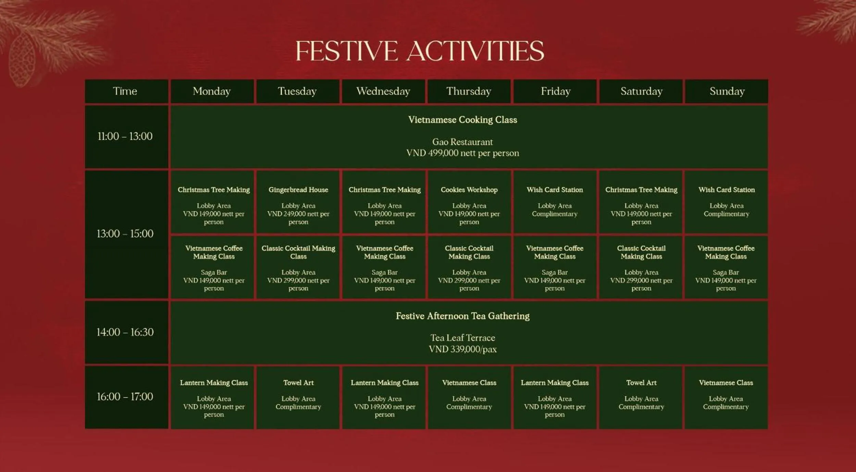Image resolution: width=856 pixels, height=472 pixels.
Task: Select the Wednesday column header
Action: (x=383, y=91)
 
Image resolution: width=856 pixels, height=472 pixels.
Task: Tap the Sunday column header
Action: (x=727, y=91)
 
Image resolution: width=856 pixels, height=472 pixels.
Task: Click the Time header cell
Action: (x=125, y=91)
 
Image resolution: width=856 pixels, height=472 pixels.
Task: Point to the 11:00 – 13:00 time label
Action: (x=125, y=136)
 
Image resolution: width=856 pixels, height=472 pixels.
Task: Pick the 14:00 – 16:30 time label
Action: (x=125, y=332)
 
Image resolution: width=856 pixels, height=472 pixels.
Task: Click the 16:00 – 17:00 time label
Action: (x=125, y=397)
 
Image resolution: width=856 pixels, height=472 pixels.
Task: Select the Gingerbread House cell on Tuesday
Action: (x=298, y=202)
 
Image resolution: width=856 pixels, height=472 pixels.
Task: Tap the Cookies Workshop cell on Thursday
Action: (x=469, y=202)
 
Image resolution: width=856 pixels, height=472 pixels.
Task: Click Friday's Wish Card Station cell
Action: (x=555, y=202)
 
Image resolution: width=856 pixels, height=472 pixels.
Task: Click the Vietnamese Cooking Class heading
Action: (x=462, y=120)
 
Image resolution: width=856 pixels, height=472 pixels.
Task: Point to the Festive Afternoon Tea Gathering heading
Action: (x=462, y=316)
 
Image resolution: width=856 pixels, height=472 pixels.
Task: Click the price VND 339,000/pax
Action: (x=462, y=349)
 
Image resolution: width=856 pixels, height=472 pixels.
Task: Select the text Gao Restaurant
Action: (x=462, y=142)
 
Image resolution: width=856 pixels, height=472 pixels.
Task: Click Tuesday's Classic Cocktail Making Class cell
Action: (x=298, y=267)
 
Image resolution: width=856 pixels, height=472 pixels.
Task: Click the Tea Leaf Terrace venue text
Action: (x=462, y=338)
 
